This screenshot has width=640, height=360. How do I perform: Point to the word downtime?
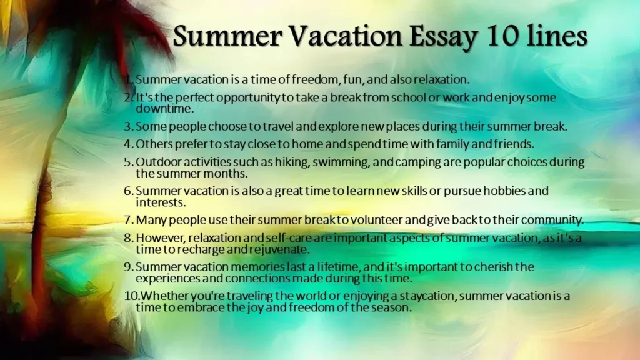point(164,109)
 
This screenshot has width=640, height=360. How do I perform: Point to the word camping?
point(418,162)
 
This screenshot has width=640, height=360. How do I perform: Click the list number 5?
point(129,162)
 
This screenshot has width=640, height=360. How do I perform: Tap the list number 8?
point(129,237)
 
